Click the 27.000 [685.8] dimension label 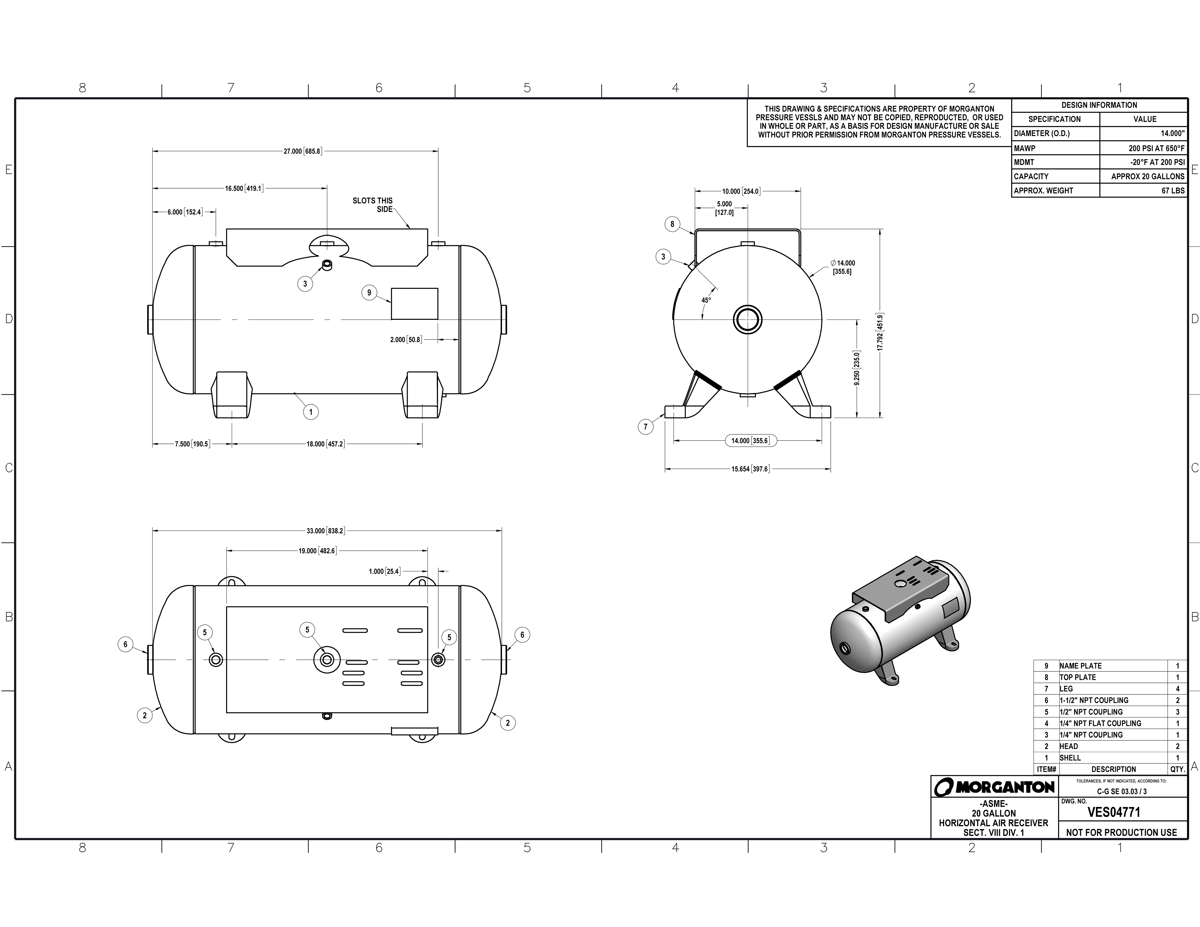click(x=302, y=151)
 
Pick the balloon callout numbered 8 click(x=672, y=224)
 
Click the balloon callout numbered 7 click(x=646, y=427)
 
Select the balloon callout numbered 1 click(x=311, y=412)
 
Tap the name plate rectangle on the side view click(x=414, y=304)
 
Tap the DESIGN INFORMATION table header click(x=1099, y=105)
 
